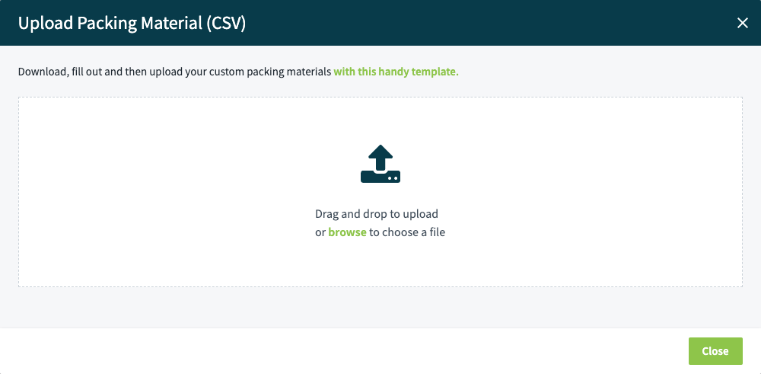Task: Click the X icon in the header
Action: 743,23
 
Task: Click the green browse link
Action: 347,232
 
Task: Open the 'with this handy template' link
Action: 396,72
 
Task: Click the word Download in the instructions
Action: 41,72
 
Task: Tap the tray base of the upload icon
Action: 380,177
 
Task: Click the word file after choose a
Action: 435,232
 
